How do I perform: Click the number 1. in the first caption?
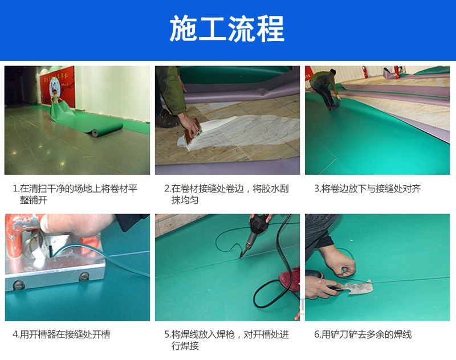pos(16,189)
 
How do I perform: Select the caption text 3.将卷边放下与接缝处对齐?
pos(368,189)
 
